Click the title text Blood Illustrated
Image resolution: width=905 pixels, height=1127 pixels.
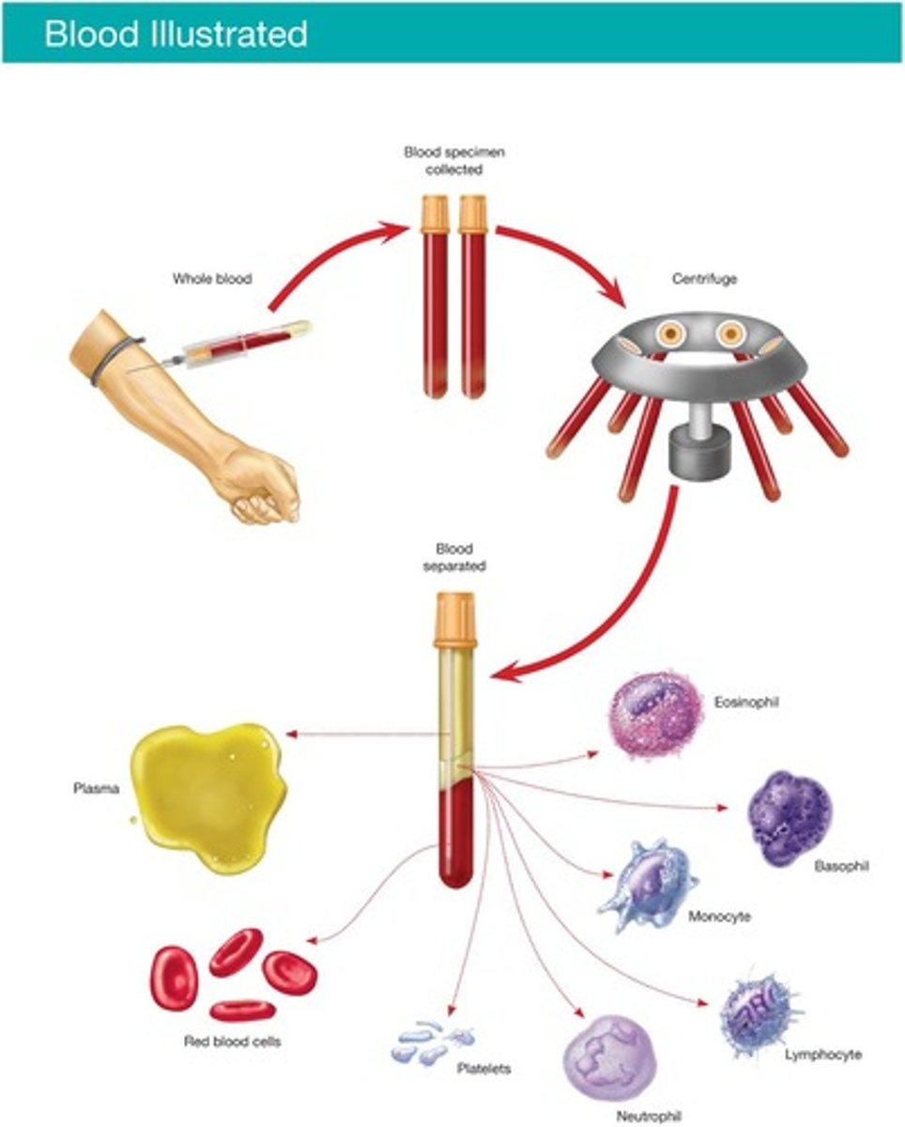click(x=176, y=34)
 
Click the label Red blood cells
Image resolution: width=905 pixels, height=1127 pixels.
click(x=232, y=1042)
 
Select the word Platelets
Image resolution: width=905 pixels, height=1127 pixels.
click(x=483, y=1069)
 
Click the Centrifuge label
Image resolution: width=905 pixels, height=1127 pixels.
click(x=704, y=279)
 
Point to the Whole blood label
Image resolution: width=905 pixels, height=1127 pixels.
click(x=211, y=279)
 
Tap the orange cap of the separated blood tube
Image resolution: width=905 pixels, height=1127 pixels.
click(x=455, y=619)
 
